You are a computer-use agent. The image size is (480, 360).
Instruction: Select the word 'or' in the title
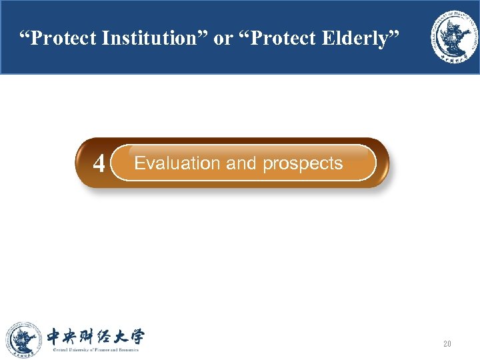(x=225, y=39)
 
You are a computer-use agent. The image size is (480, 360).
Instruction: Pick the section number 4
(x=99, y=164)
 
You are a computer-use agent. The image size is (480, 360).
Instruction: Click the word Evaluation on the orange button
(x=177, y=163)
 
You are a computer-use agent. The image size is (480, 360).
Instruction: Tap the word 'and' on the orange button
(x=242, y=163)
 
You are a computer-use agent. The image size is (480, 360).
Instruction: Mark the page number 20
(x=447, y=344)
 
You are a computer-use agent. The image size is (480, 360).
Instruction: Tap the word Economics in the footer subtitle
(x=125, y=349)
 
